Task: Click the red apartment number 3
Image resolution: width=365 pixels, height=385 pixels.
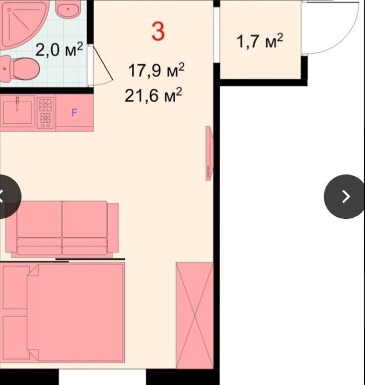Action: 158,32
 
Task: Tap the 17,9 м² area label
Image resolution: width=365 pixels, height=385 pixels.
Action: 156,70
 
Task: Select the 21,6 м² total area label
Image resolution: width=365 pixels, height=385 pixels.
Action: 154,95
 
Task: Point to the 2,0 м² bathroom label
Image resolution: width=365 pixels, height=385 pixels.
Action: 59,49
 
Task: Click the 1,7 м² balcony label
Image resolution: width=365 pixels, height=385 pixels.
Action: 260,41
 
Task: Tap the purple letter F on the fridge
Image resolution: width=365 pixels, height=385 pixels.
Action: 74,112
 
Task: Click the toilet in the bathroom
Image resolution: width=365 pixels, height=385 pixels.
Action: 19,69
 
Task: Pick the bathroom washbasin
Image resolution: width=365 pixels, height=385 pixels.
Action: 68,9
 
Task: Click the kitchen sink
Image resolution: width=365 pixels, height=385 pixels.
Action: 17,112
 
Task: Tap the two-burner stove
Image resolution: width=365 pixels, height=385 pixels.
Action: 45,112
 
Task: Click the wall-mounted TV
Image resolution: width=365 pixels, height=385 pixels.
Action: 209,153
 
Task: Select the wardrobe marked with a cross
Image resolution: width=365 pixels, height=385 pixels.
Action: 194,315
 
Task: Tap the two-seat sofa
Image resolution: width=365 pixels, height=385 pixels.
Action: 62,229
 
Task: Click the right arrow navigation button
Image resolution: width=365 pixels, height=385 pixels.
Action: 346,197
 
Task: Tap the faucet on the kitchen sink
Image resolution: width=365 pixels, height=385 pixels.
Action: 17,104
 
